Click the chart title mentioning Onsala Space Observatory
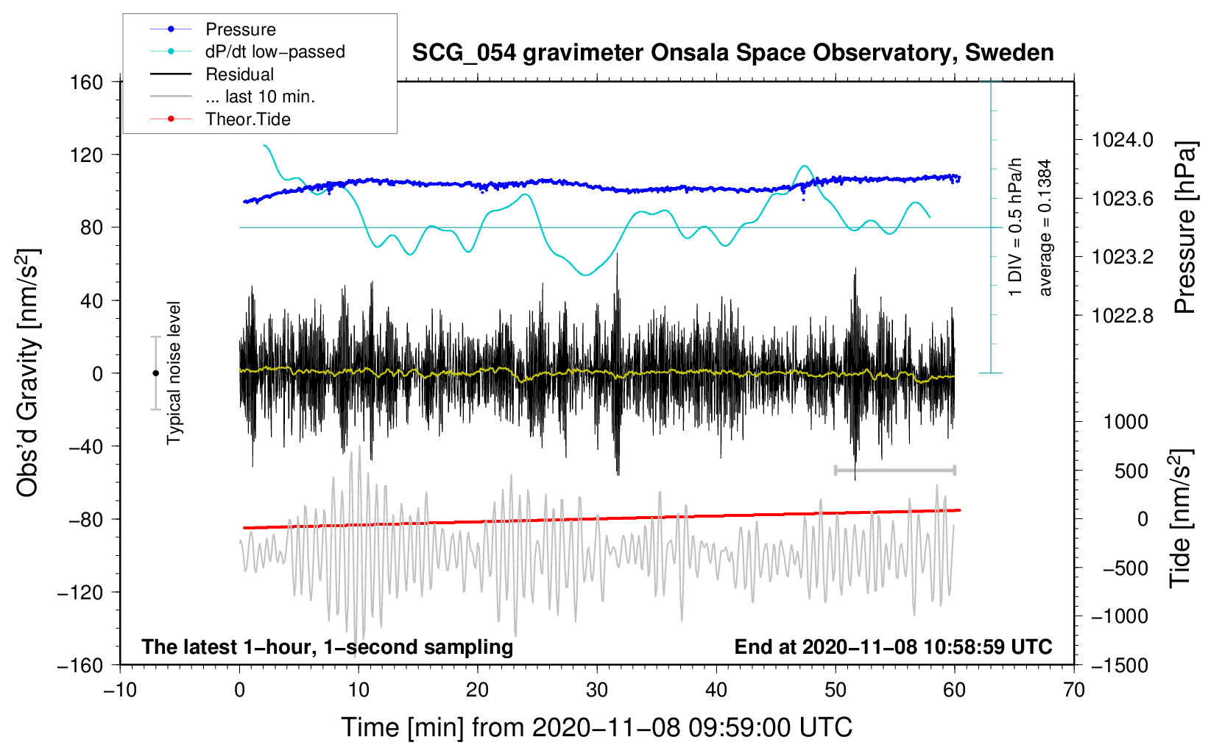(732, 53)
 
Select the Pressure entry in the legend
(240, 29)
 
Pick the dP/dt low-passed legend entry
(275, 52)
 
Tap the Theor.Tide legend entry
(247, 119)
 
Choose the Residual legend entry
(239, 74)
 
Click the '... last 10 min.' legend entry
(260, 96)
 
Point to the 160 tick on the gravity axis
(87, 82)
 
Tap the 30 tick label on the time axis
(596, 691)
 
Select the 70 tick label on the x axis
(1073, 691)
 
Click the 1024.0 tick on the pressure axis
(1122, 140)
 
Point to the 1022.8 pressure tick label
(1122, 316)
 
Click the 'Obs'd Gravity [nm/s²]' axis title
(28, 373)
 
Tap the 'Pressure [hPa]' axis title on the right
(1184, 228)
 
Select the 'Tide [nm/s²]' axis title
(1179, 519)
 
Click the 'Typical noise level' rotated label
(174, 373)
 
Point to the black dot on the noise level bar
(155, 373)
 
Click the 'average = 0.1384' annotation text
(1045, 228)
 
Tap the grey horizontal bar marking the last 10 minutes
(894, 470)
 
